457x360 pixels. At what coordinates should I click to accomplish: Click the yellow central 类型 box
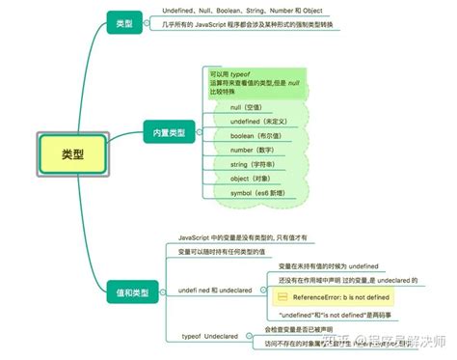(71, 152)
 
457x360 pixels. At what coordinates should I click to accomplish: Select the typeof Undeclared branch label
(209, 337)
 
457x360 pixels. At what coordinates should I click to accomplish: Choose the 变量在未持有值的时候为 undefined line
(327, 264)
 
